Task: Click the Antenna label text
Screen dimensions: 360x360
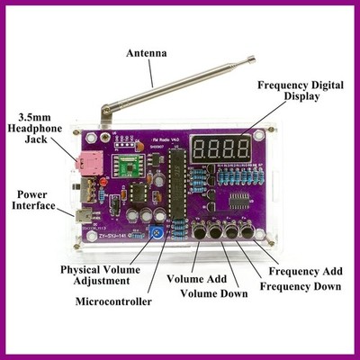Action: pos(147,54)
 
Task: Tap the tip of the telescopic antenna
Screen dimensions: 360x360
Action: pos(254,58)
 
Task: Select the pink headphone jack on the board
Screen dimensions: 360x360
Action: pos(90,163)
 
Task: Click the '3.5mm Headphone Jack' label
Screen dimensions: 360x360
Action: pos(34,128)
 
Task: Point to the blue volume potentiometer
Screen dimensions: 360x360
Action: pos(156,233)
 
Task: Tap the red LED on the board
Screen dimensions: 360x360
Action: pos(103,182)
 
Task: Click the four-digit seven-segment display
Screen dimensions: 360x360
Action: pos(220,148)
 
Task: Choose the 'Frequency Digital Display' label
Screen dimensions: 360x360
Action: pos(301,91)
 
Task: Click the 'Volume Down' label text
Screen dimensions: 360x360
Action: pos(214,293)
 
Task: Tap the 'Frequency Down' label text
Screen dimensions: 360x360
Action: pos(301,286)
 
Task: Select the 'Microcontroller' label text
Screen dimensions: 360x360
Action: pos(113,301)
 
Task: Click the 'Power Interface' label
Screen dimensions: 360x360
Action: pos(33,200)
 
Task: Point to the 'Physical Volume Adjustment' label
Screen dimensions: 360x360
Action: pos(101,275)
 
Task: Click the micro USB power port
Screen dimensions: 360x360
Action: pos(83,216)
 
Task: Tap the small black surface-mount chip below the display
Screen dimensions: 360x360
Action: pos(239,201)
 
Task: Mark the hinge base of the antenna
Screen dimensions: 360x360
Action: pos(105,115)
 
